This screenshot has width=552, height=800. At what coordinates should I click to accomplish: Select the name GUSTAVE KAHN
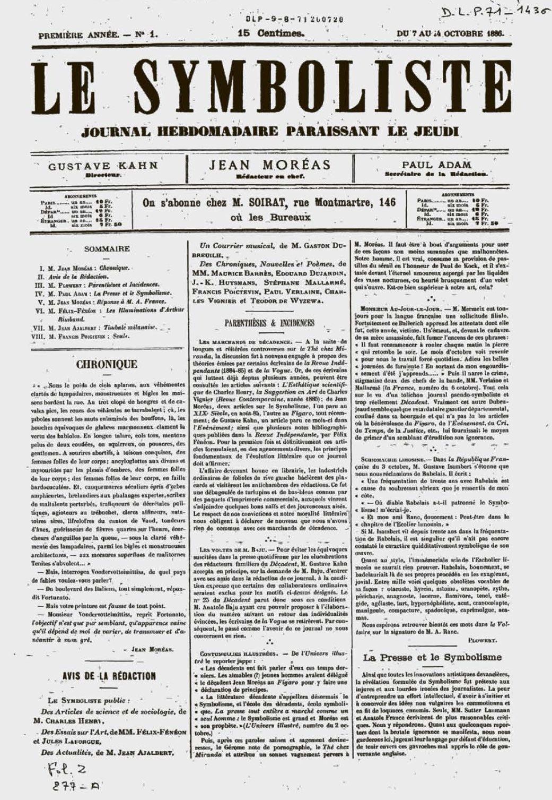click(x=103, y=165)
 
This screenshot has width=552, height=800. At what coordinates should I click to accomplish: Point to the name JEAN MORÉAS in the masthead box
click(x=269, y=165)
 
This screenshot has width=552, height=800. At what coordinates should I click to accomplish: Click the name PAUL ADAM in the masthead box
click(x=436, y=165)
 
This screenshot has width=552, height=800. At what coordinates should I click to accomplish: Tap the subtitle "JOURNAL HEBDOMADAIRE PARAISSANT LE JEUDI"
click(x=271, y=131)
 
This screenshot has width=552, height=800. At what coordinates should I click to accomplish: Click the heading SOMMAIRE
click(x=107, y=248)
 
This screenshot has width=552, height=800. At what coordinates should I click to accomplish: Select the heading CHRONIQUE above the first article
click(x=107, y=364)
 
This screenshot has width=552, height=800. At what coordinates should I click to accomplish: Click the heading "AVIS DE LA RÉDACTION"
click(x=109, y=676)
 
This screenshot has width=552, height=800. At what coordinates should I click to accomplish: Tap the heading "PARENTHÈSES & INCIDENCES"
click(x=269, y=323)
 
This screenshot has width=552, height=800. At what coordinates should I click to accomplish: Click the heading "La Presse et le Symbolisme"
click(x=432, y=657)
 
